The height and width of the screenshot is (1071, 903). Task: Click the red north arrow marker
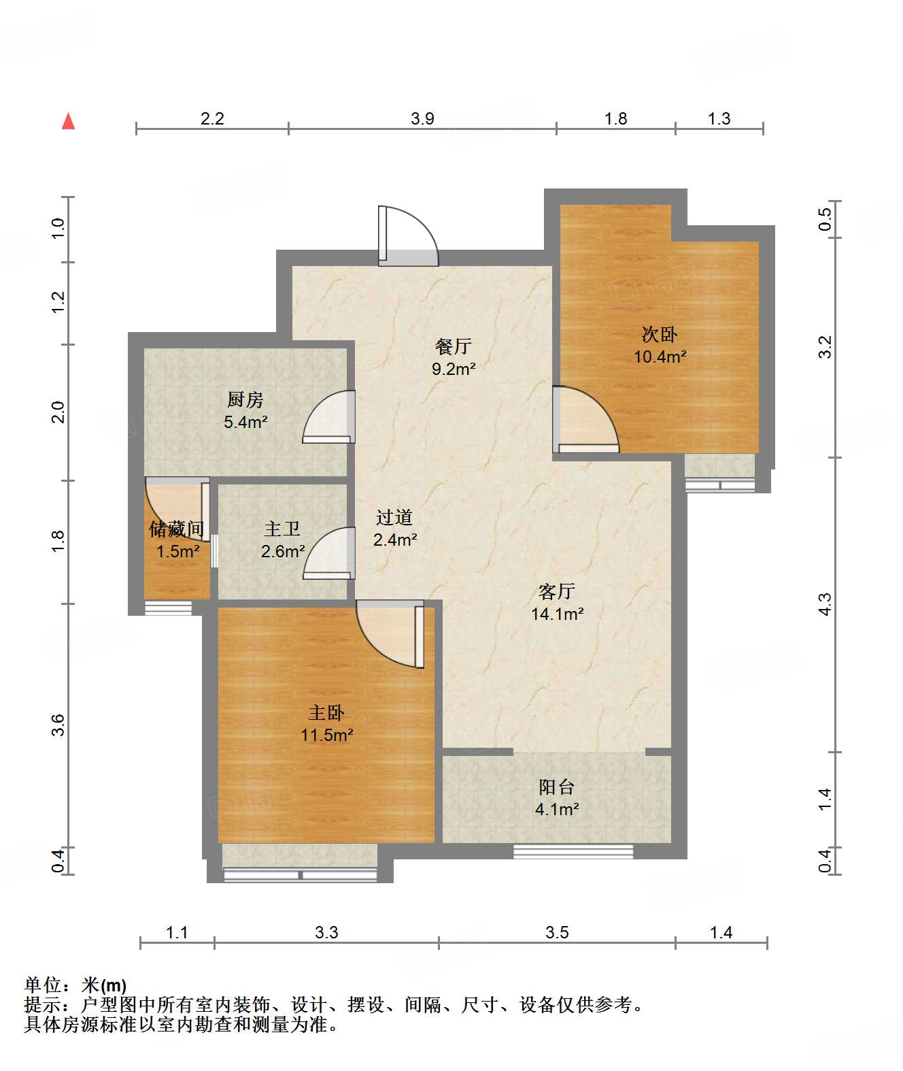point(68,122)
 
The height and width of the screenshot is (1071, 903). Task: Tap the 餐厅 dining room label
point(453,346)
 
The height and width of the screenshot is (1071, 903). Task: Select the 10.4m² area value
point(660,357)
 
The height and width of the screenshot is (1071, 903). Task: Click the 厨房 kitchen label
point(245,399)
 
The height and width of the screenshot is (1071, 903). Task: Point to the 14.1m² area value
point(558,614)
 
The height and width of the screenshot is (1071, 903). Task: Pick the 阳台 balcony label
point(557,787)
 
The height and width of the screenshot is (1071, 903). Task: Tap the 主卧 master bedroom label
point(326,712)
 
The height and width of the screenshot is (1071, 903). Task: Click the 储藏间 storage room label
point(177,529)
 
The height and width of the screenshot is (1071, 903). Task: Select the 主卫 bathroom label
point(282,529)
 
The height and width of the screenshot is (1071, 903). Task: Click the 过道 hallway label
point(394,517)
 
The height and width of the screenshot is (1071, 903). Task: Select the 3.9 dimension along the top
point(422,118)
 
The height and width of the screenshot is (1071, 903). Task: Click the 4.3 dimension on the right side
point(825,604)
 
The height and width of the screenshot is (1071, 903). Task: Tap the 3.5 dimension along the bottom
point(557,932)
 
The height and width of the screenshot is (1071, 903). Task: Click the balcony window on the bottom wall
point(573,852)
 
